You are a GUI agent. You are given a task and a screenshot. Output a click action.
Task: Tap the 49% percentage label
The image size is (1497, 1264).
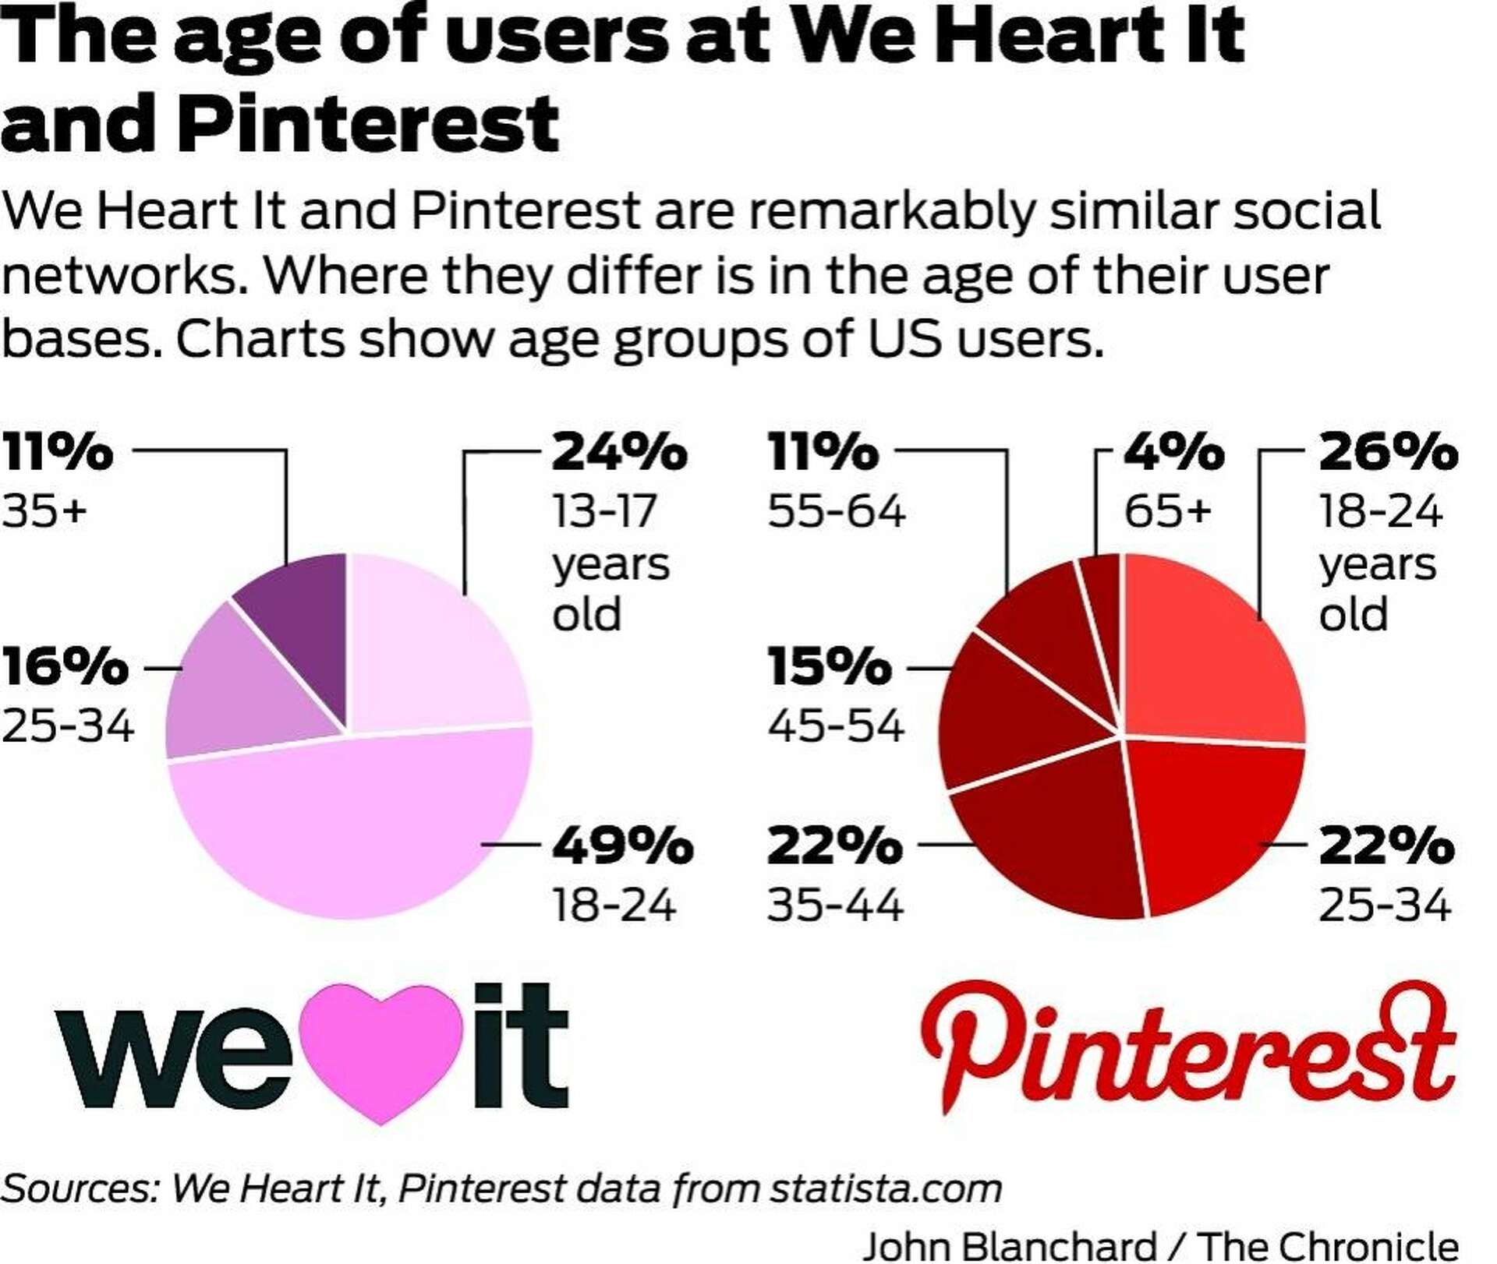click(x=622, y=846)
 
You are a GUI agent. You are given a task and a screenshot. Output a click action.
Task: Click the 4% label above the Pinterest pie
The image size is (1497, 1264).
click(x=1173, y=452)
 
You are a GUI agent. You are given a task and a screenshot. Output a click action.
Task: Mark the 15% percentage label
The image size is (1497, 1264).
click(x=829, y=668)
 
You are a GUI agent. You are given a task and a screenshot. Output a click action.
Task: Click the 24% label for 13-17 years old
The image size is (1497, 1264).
click(x=619, y=452)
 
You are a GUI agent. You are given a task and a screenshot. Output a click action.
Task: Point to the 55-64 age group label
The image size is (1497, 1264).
click(x=836, y=512)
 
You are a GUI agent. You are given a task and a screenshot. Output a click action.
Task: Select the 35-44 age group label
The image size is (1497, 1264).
click(x=835, y=906)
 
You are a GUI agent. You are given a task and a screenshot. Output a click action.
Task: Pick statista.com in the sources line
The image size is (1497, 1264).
click(x=886, y=1189)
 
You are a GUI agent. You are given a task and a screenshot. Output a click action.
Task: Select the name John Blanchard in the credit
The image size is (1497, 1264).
click(x=1010, y=1246)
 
